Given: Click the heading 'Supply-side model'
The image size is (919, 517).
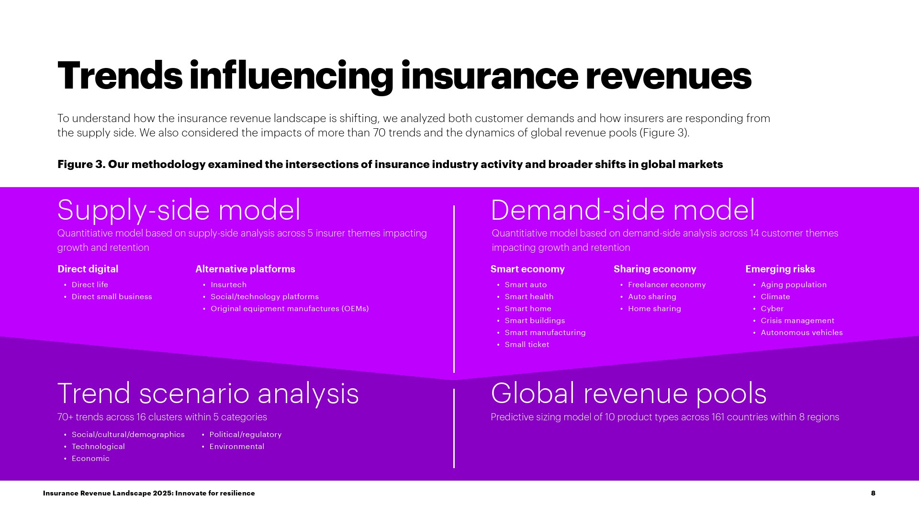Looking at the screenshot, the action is coord(179,210).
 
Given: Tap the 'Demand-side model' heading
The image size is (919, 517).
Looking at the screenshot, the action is coord(623,210).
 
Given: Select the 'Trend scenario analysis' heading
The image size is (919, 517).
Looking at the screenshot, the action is coord(208,393).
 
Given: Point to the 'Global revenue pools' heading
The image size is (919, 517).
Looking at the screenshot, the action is coord(628,393).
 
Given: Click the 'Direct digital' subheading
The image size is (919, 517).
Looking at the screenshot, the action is coord(88,269).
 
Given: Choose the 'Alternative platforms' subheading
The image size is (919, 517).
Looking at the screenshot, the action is coord(245,269).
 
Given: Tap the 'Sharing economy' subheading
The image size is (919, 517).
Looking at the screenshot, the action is coord(655,269).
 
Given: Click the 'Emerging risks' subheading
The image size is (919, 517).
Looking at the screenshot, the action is coord(780,269).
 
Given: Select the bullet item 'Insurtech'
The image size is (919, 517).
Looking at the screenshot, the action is coord(229,285).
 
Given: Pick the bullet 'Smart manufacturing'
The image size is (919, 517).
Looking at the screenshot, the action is coord(545,333).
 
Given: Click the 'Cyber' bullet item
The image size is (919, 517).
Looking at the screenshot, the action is coord(772,309).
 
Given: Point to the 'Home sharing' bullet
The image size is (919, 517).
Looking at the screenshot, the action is coord(654,309).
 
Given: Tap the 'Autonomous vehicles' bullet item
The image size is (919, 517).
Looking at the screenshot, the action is coord(802,333).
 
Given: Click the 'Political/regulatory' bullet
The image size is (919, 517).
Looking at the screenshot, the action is coord(246,435).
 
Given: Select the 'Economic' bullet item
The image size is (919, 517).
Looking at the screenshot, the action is coord(90,459).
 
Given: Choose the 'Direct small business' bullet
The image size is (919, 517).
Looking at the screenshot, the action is coord(112,297).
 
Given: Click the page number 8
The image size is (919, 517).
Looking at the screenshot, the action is coord(873,493).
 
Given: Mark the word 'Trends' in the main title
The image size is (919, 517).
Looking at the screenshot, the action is coord(120,76).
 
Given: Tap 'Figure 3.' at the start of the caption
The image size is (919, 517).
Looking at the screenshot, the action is coord(81,164).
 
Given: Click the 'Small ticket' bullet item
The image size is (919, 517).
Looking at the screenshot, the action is coord(527,345).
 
